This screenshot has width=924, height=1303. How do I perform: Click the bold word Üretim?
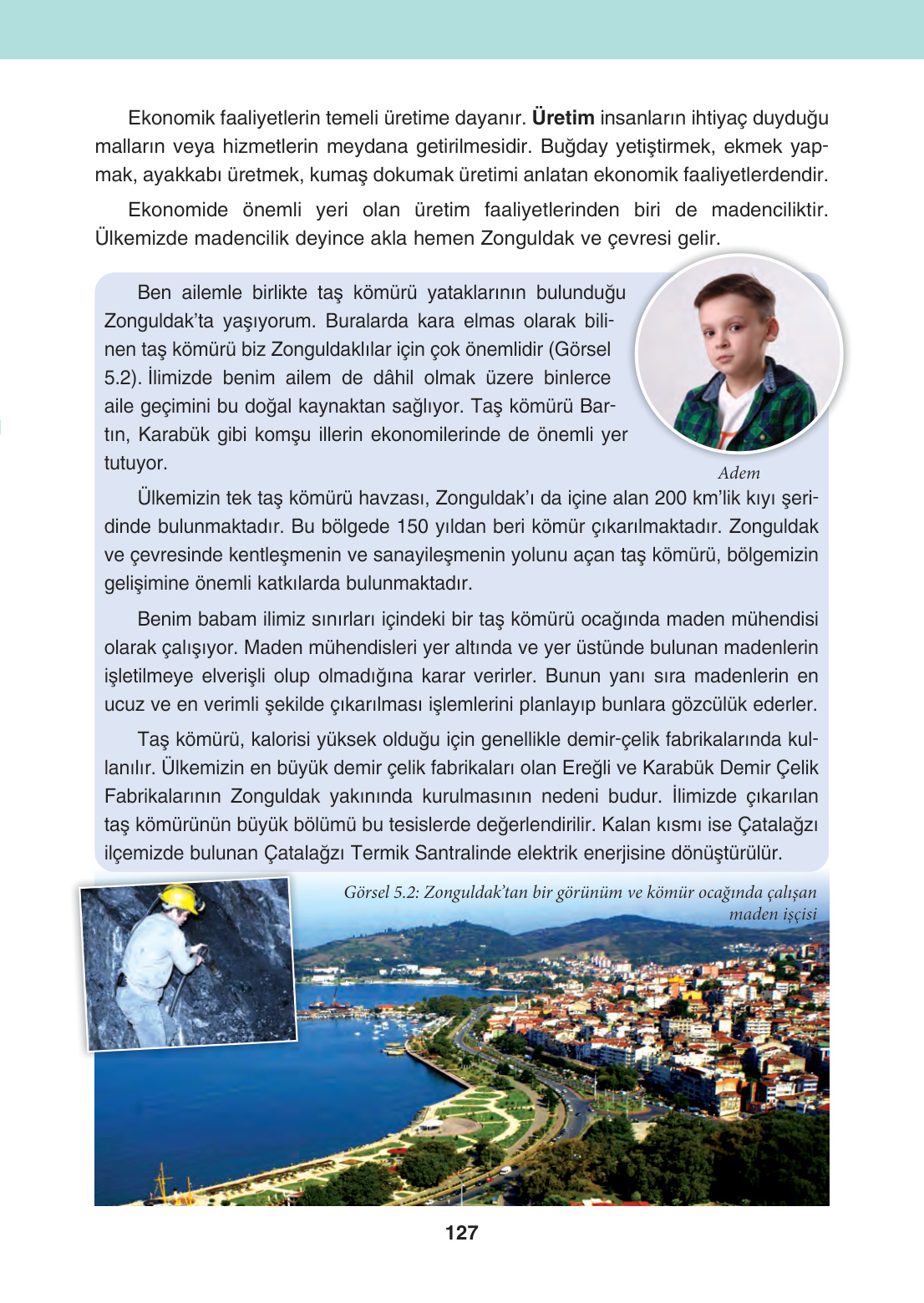[563, 118]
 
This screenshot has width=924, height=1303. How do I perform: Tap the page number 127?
[461, 1233]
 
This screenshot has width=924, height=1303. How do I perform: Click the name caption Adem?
[739, 473]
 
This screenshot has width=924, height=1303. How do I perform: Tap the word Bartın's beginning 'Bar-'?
[597, 406]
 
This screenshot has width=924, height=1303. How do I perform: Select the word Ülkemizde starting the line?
[141, 238]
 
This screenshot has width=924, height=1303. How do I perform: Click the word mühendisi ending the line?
[774, 619]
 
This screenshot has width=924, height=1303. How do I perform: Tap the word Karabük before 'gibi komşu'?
[173, 434]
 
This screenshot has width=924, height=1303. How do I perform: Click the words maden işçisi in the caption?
[773, 914]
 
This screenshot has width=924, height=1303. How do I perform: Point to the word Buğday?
[574, 146]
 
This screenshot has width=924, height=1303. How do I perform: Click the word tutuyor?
[135, 463]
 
